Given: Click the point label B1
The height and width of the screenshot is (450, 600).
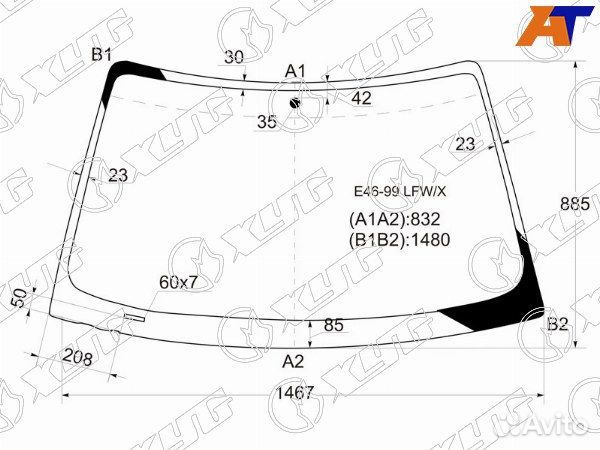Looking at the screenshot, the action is pyautogui.click(x=101, y=55).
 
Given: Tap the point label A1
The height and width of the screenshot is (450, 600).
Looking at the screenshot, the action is pyautogui.click(x=295, y=71).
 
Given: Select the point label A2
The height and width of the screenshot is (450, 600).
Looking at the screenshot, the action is pyautogui.click(x=293, y=361).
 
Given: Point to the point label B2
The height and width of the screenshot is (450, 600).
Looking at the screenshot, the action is pyautogui.click(x=557, y=324).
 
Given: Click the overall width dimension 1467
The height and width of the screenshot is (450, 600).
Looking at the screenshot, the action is pyautogui.click(x=295, y=392).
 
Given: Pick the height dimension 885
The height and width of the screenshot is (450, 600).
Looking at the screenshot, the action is pyautogui.click(x=575, y=204).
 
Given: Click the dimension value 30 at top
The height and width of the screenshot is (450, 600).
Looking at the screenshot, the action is pyautogui.click(x=234, y=57).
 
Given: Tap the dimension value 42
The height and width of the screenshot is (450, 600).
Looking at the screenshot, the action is pyautogui.click(x=362, y=98).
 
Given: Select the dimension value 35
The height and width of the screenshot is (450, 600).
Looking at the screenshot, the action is pyautogui.click(x=267, y=122).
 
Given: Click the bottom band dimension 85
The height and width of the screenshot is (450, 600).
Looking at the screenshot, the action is pyautogui.click(x=334, y=325).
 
